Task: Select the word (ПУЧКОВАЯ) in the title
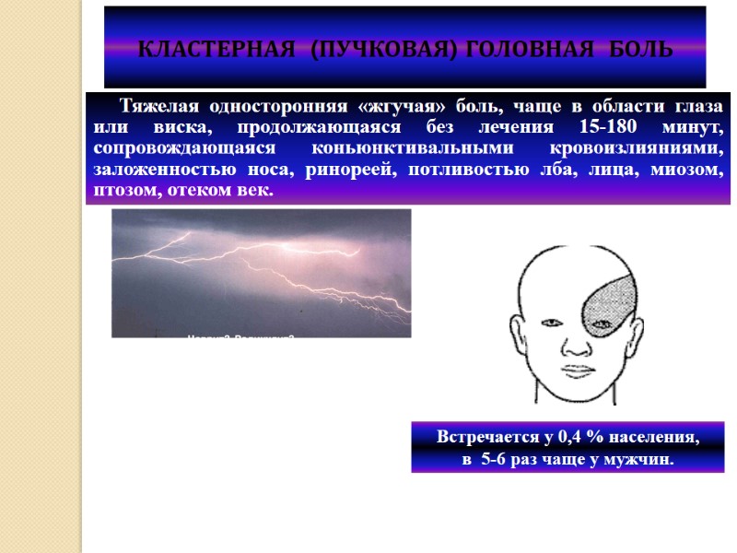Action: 367,48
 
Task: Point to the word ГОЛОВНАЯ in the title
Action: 519,48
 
